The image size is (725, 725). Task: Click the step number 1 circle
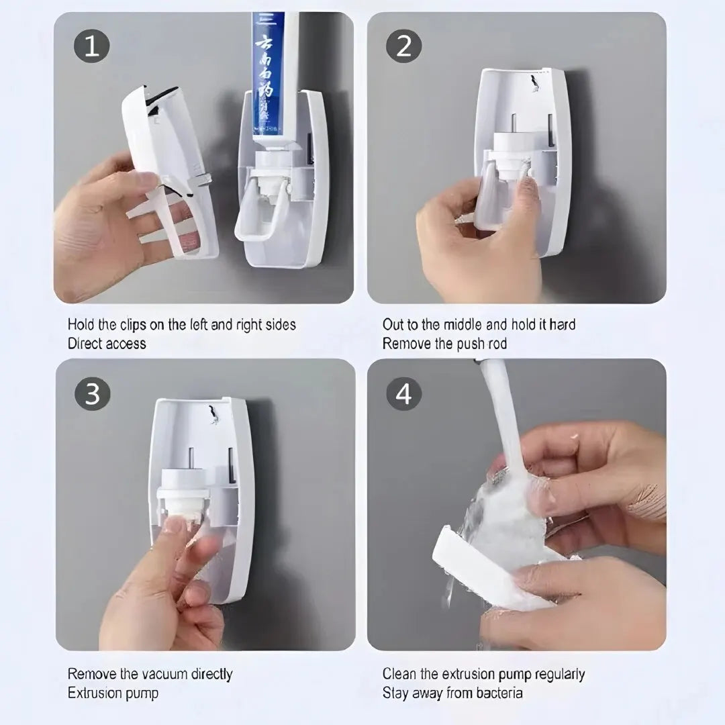click(92, 47)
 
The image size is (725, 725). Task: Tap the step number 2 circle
click(403, 47)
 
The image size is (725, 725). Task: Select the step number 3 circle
click(92, 394)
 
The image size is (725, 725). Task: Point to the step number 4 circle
click(403, 394)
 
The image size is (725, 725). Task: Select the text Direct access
click(107, 344)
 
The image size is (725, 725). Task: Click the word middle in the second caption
click(459, 325)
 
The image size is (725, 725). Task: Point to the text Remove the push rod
click(444, 344)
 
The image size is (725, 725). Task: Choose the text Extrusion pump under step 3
click(113, 693)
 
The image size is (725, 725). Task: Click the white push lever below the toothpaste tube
click(258, 215)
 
